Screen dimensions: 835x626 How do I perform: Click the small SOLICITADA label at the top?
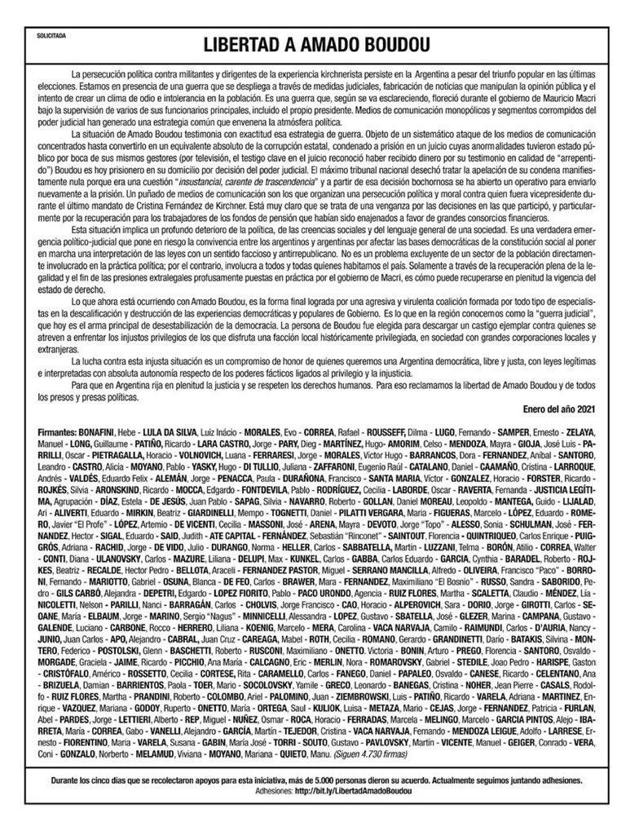point(53,37)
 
